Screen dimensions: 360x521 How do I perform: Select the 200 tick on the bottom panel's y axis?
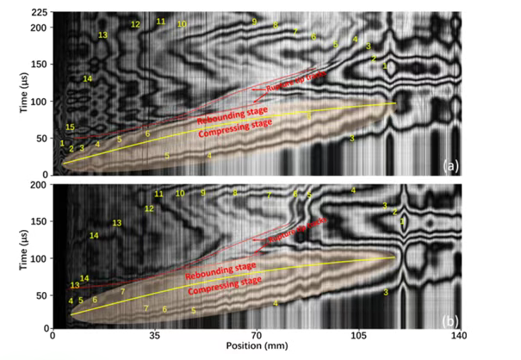[x=38, y=184]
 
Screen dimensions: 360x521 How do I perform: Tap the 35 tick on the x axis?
[x=155, y=336]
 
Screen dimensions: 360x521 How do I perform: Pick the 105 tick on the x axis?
[x=359, y=336]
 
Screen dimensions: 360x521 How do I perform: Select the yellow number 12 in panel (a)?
[x=135, y=24]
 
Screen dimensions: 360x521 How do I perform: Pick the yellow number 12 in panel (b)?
[x=149, y=208]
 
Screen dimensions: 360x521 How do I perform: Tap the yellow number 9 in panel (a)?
[x=255, y=20]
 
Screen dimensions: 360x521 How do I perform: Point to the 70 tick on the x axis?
[x=257, y=336]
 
